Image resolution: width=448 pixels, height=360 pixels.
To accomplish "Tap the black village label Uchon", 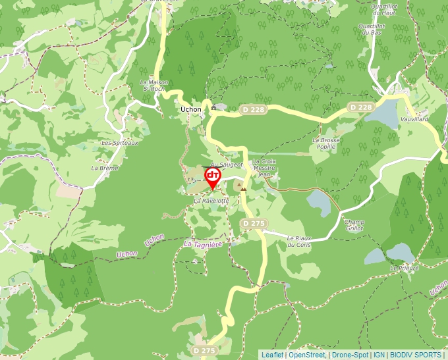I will click(191, 110).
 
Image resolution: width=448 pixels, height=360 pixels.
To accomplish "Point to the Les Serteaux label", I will click(120, 143).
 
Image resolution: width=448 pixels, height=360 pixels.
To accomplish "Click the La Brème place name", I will click(105, 168).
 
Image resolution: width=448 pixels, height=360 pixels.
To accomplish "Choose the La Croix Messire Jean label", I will click(264, 168).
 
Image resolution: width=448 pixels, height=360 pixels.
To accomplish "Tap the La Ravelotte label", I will click(211, 199).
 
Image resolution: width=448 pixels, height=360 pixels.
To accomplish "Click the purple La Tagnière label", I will click(203, 244).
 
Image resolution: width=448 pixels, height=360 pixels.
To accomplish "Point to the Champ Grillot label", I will click(354, 225).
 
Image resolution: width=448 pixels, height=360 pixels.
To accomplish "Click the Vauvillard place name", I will click(414, 119).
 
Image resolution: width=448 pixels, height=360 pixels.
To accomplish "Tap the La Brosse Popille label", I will click(326, 143).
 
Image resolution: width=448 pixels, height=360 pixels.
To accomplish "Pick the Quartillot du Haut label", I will click(385, 9).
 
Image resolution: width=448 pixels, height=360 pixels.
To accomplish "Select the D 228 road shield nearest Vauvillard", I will click(362, 107).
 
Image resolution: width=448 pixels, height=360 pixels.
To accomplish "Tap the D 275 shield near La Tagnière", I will click(254, 224).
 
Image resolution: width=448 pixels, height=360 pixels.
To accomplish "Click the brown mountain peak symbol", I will click(244, 188).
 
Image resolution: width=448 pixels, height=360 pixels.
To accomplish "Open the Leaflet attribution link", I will click(272, 355).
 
